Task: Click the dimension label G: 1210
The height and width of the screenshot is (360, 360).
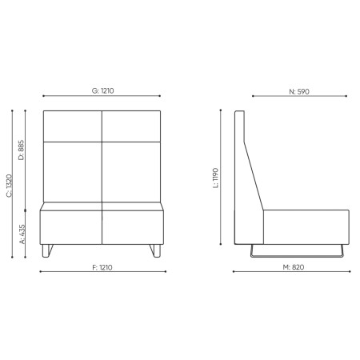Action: point(102,90)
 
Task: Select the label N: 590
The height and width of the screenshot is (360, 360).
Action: point(298,91)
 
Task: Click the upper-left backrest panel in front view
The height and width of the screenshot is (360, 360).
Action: point(73,125)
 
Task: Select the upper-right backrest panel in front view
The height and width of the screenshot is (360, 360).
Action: point(132,125)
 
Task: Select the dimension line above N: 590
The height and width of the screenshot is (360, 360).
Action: point(298,98)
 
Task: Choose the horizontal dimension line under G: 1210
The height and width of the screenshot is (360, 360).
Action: point(102,98)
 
